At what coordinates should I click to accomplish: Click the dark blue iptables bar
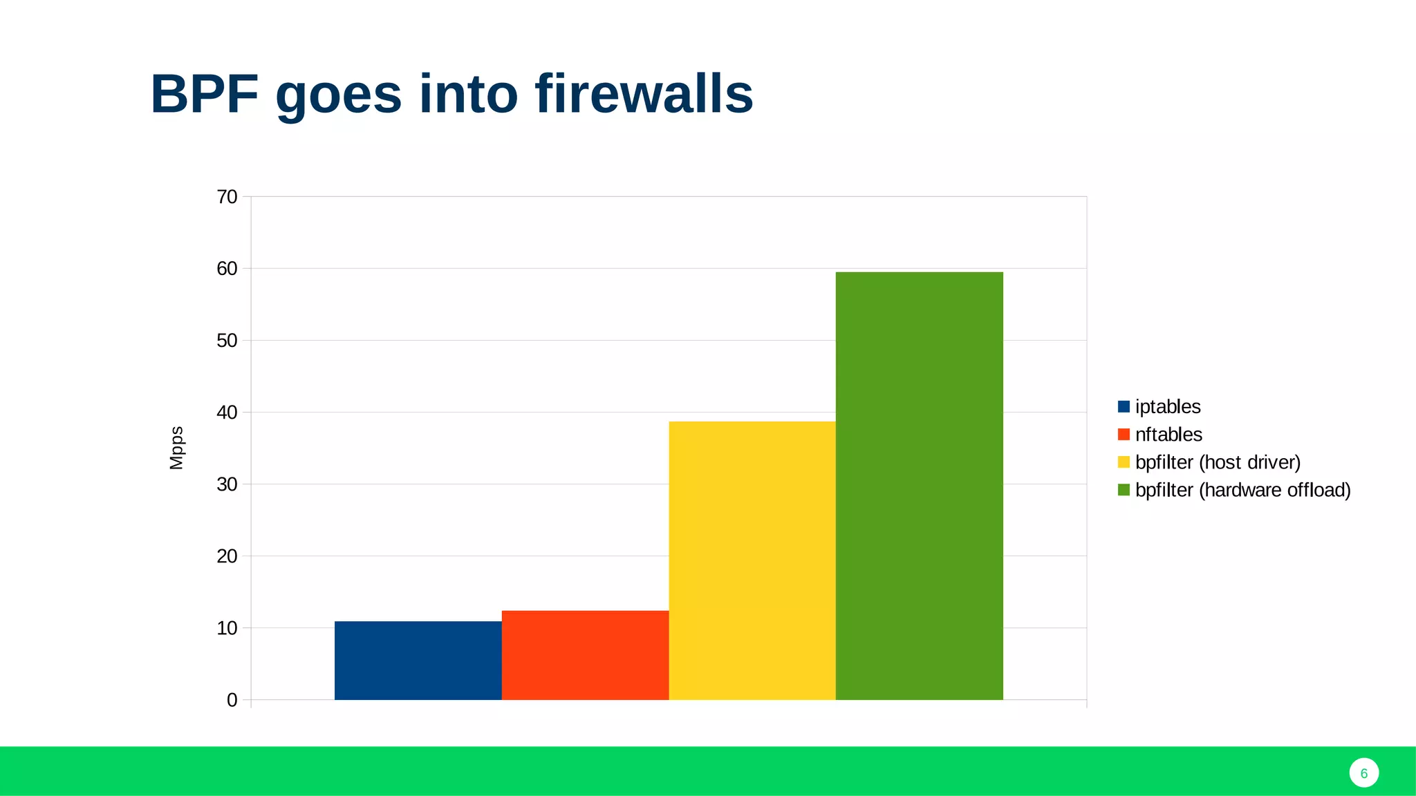tap(418, 660)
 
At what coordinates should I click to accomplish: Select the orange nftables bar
tap(585, 654)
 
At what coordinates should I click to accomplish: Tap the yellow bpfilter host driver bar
tap(752, 560)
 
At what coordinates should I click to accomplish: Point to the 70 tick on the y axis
tap(227, 197)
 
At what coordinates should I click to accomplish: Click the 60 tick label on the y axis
tap(227, 269)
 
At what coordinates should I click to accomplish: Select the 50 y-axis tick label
tap(227, 341)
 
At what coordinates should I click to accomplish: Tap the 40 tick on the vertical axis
tap(227, 413)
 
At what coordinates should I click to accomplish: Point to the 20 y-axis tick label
tap(227, 556)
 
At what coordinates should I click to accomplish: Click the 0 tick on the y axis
tap(232, 700)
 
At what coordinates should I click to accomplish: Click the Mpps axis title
tap(176, 448)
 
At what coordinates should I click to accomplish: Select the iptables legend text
tap(1168, 406)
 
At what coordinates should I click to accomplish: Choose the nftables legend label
tap(1168, 434)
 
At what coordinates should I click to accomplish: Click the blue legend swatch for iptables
tap(1124, 406)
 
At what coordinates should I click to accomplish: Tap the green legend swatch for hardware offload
tap(1124, 490)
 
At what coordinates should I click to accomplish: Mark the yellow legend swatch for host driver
tap(1124, 462)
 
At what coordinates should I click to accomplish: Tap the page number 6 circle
tap(1363, 773)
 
